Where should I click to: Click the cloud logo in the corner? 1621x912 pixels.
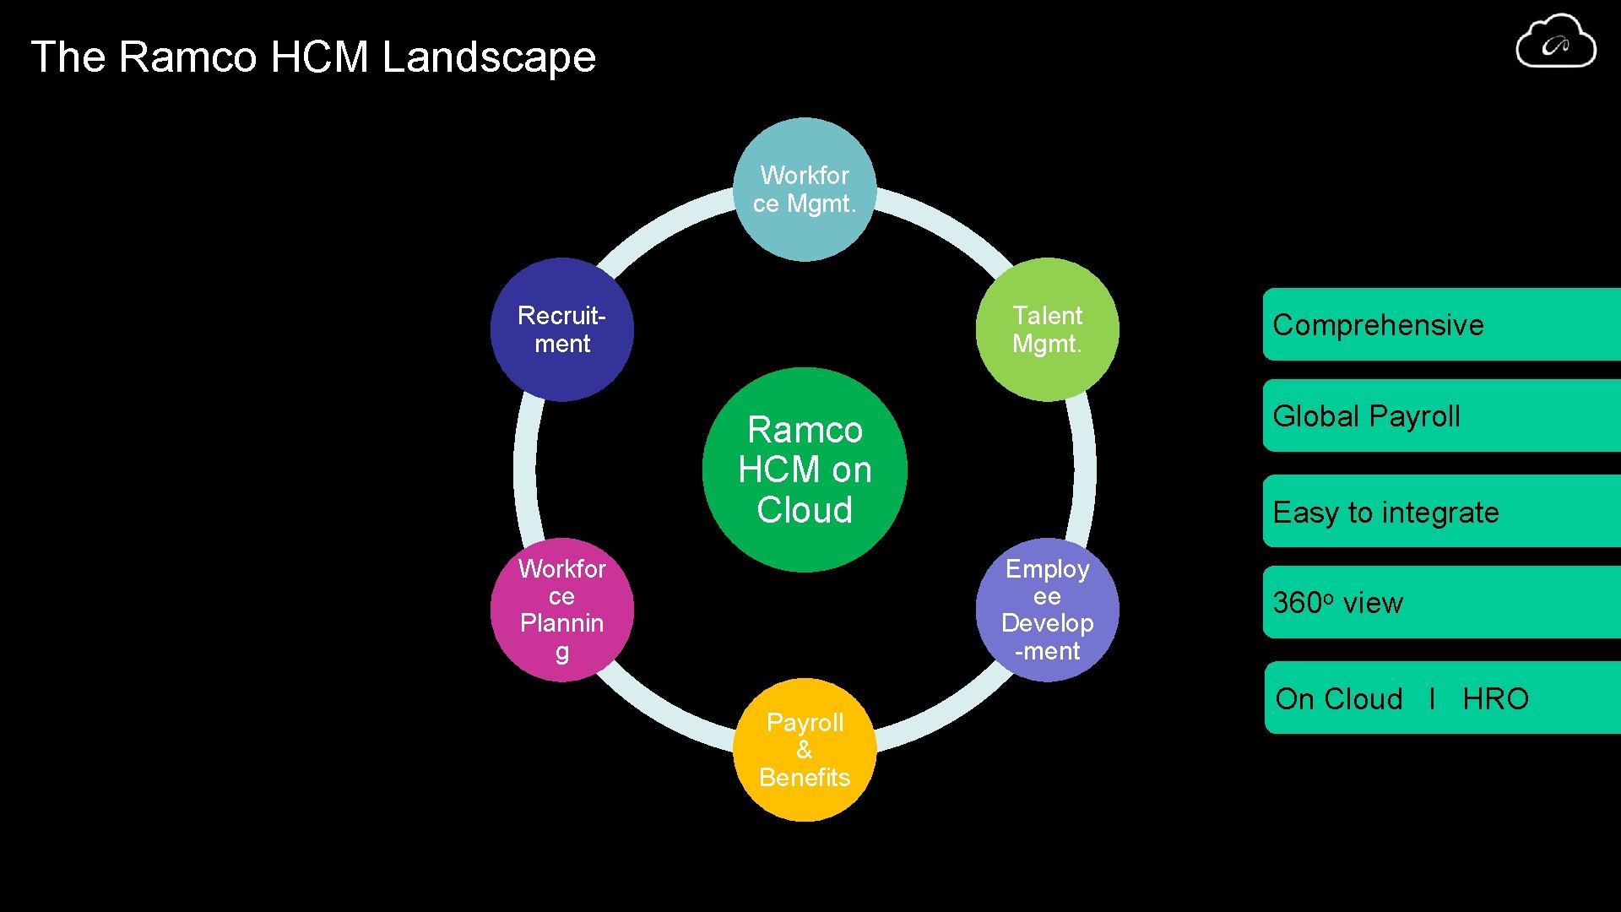1555,42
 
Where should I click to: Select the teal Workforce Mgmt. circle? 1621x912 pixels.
804,189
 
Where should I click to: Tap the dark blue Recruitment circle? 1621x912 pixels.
561,329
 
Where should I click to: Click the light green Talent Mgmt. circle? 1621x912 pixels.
1047,329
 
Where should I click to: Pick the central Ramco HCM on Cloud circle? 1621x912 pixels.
804,470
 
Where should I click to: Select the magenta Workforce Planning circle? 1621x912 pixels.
561,610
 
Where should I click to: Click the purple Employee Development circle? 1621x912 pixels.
1047,610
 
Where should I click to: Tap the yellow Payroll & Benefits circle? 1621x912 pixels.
804,750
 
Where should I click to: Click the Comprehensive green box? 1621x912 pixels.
1440,325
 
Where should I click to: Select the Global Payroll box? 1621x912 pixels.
1440,416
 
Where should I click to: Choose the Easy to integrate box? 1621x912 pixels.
1440,512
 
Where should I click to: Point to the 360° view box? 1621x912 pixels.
1440,603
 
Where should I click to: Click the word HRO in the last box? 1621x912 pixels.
1495,699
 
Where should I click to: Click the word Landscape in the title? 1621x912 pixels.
489,57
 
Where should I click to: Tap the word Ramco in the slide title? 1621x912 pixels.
187,57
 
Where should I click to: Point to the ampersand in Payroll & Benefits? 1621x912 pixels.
804,750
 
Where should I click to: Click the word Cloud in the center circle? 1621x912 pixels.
804,510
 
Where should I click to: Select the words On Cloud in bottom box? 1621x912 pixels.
1338,699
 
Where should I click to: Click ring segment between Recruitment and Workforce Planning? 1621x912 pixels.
524,470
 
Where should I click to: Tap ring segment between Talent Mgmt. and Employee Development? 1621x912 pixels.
1085,470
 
